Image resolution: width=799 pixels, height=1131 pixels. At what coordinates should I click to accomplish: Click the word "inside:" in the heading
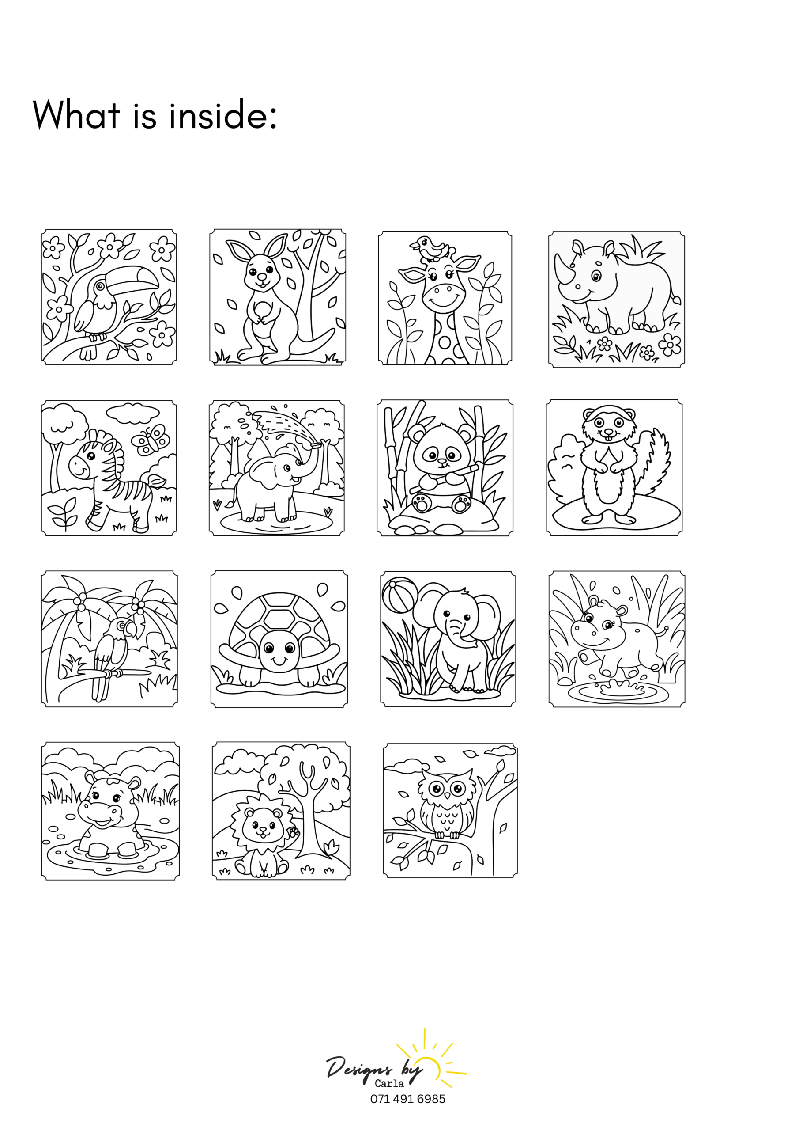[x=223, y=114]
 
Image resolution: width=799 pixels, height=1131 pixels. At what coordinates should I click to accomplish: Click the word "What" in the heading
[x=76, y=114]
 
